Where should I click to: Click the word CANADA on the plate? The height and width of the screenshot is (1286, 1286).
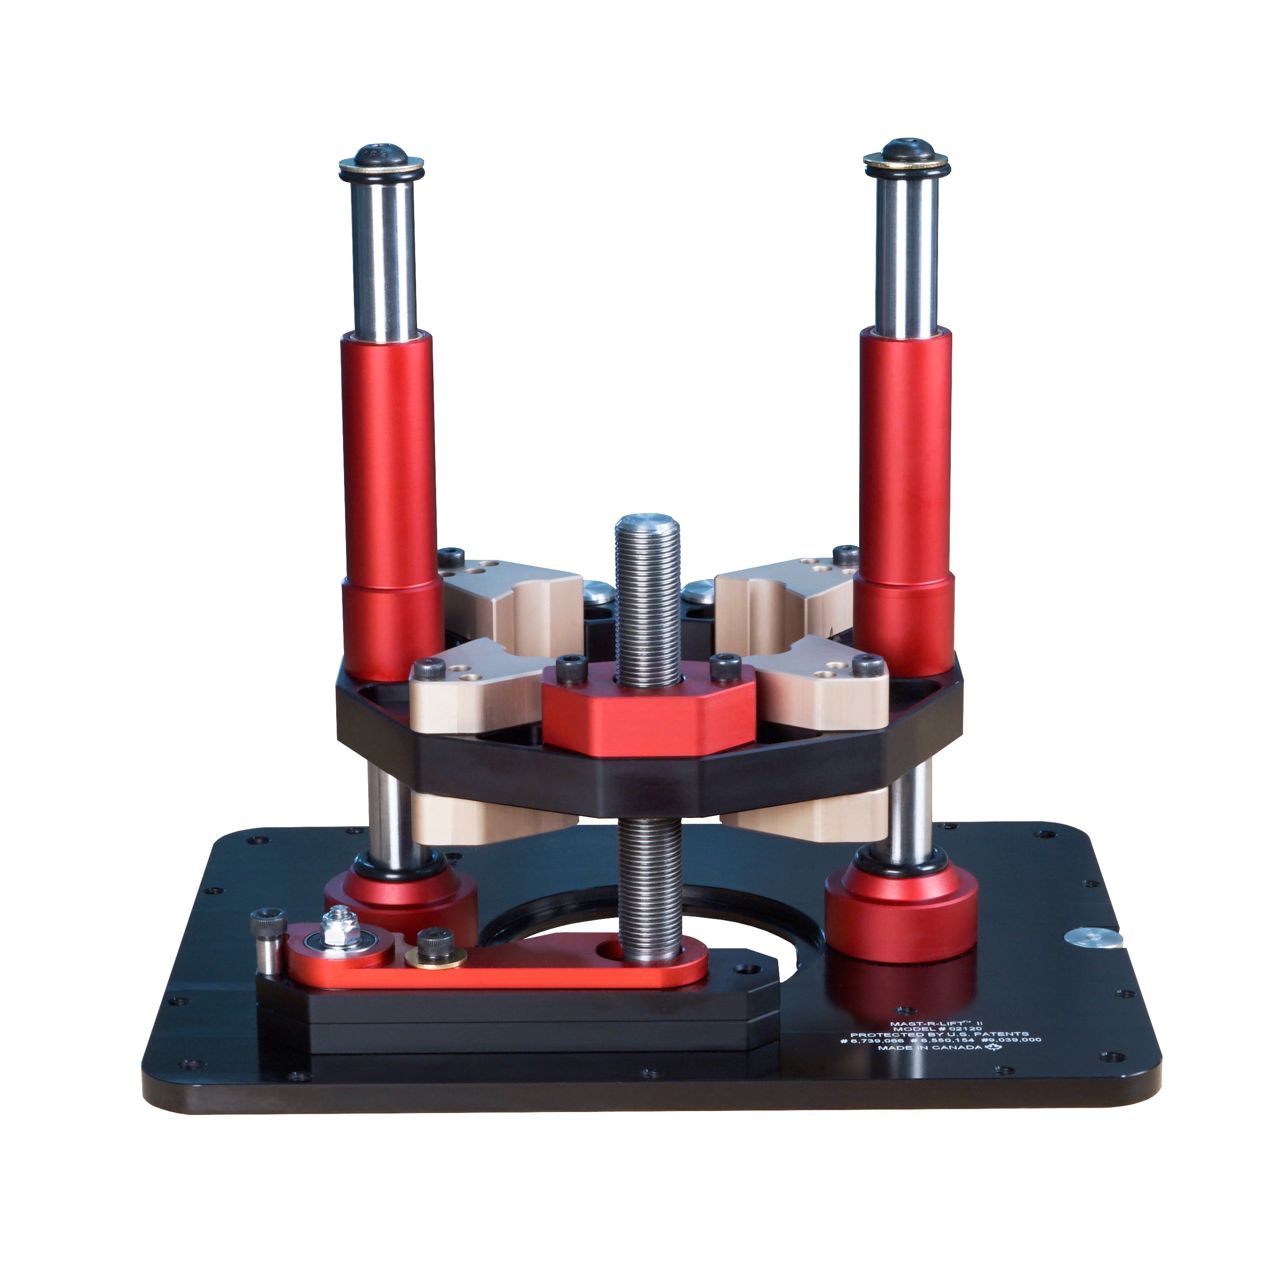pyautogui.click(x=957, y=1048)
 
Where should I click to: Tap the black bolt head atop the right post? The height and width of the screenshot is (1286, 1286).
pyautogui.click(x=906, y=150)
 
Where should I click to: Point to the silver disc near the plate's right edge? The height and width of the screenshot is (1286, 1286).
pyautogui.click(x=1093, y=937)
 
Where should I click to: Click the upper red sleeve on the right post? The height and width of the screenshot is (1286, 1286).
pyautogui.click(x=905, y=453)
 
